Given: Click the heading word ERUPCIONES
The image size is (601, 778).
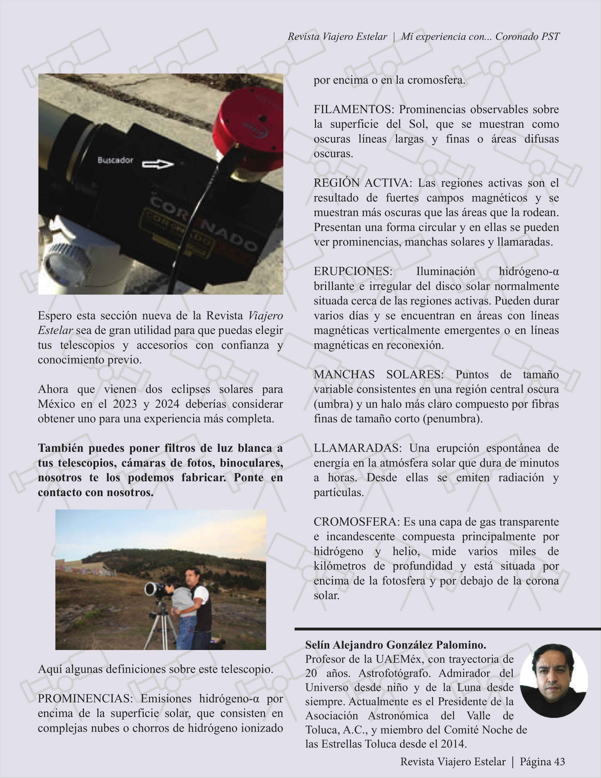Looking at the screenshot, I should tap(353, 272).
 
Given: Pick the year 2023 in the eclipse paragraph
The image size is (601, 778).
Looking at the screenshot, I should tap(125, 404).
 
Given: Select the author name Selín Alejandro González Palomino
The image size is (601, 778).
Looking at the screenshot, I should tap(395, 645).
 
